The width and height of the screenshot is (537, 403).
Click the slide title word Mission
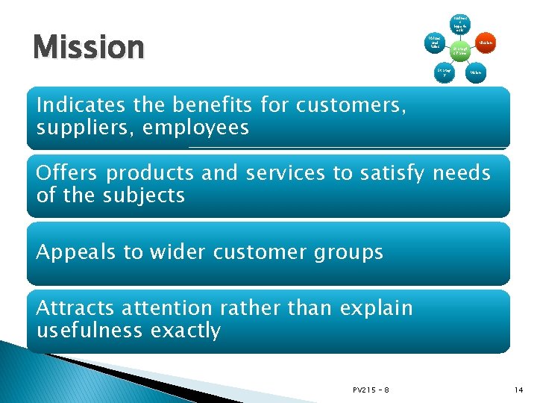88,48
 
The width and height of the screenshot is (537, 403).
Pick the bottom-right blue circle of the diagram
476,72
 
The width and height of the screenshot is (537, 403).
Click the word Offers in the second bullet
66,173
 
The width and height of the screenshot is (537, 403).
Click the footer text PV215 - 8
371,390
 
